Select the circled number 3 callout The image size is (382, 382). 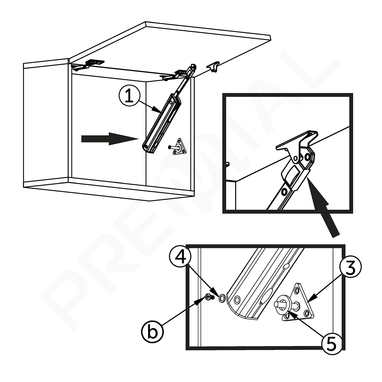click(x=350, y=269)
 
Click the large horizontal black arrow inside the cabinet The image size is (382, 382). click(x=110, y=139)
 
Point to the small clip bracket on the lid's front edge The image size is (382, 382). click(x=213, y=67)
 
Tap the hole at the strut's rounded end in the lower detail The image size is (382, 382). click(x=237, y=300)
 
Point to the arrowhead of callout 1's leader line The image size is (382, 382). click(x=157, y=110)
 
